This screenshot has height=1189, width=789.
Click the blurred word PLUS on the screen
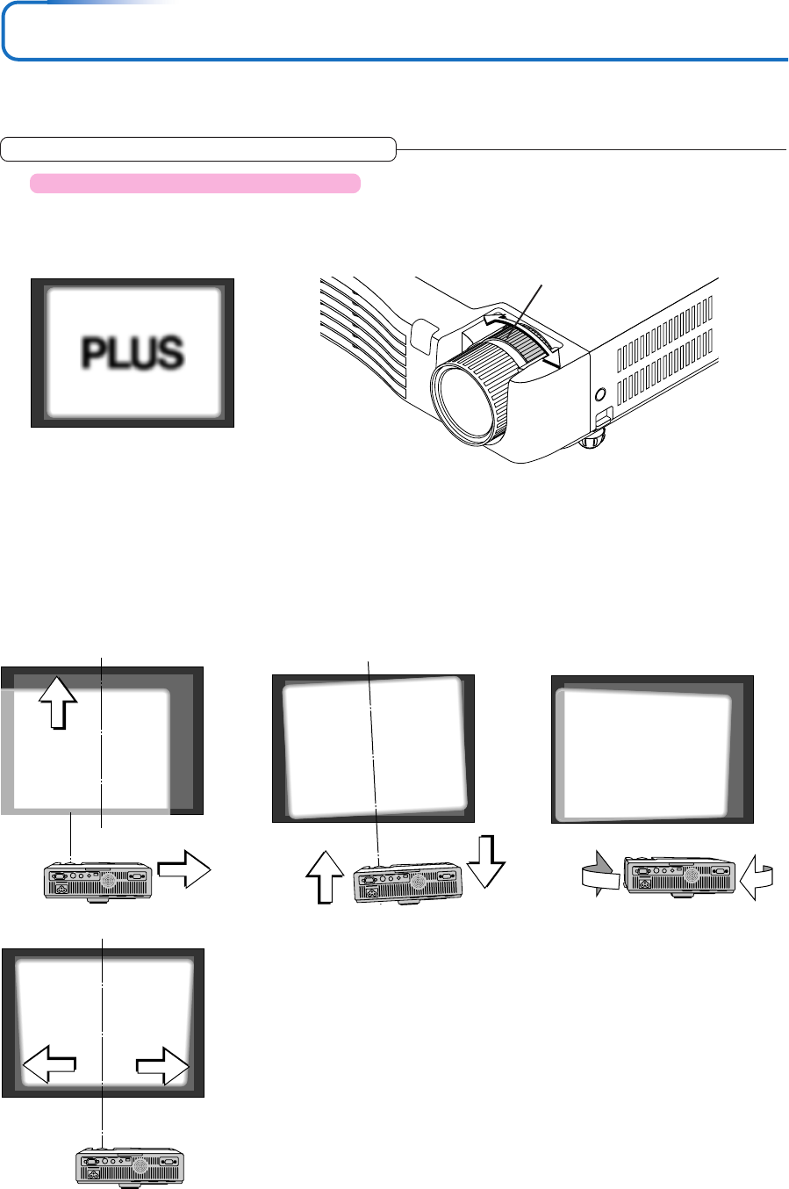[133, 352]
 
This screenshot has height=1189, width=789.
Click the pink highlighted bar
[195, 184]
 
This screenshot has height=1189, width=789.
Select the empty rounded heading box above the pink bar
[198, 149]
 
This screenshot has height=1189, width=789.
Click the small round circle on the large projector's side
[600, 394]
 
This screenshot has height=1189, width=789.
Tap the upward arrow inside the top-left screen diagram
[59, 703]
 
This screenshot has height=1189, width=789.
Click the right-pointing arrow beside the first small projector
[184, 869]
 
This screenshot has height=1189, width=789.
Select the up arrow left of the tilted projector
[325, 877]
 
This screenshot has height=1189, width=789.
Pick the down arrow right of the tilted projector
[486, 861]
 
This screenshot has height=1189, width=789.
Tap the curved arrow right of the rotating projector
[757, 878]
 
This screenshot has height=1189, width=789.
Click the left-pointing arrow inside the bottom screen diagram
[49, 1064]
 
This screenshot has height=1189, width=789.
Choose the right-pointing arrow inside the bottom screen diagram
[162, 1066]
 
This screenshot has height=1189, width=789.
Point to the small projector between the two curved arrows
[679, 876]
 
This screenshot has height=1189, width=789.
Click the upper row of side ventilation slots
[664, 335]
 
